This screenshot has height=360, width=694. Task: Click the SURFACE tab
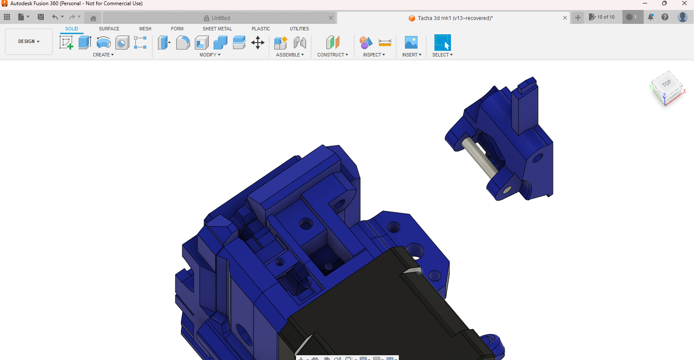point(109,29)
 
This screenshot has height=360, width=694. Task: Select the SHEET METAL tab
point(217,29)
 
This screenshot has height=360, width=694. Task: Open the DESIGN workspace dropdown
point(29,42)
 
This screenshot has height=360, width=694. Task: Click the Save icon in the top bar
point(41,17)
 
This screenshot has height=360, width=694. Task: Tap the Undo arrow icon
point(55,17)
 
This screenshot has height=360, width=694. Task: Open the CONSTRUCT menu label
point(332,55)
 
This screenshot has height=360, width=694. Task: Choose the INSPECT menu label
point(374,55)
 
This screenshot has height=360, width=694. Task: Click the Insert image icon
point(411,43)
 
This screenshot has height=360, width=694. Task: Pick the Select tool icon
point(442,43)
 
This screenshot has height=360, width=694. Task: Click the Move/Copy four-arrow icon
point(258,43)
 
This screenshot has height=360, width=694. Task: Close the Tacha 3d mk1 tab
point(565,18)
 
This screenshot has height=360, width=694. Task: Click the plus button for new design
point(578,17)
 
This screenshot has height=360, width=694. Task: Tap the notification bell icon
point(651,17)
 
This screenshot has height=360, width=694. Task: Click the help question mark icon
point(665,17)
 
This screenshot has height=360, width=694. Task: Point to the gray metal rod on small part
point(480,158)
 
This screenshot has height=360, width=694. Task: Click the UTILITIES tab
point(299,29)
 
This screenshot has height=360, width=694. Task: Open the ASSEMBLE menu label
point(289,55)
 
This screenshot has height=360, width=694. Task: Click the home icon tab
point(93,18)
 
